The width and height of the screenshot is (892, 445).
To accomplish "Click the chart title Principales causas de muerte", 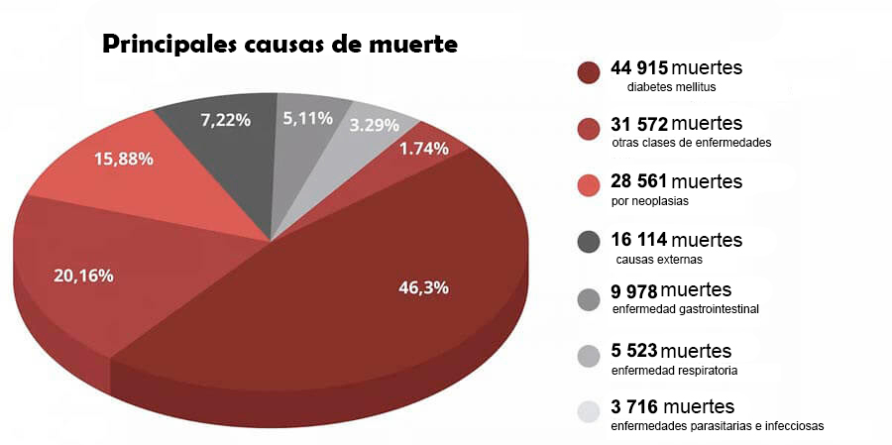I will pyautogui.click(x=279, y=46).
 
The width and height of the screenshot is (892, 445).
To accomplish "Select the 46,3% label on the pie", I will pyautogui.click(x=423, y=287).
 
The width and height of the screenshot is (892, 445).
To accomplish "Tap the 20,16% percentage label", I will pyautogui.click(x=83, y=276).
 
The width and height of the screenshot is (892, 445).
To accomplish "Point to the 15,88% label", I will pyautogui.click(x=124, y=158).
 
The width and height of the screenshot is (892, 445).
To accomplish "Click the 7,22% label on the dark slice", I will pyautogui.click(x=225, y=119).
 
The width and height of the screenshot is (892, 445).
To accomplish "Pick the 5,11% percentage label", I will pyautogui.click(x=307, y=118).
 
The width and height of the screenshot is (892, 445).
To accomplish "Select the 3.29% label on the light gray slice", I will pyautogui.click(x=374, y=125).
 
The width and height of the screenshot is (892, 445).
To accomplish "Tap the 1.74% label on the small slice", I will pyautogui.click(x=423, y=148).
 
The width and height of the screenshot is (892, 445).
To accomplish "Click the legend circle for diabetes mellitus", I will pyautogui.click(x=588, y=73).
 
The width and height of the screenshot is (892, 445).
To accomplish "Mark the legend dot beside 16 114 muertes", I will pyautogui.click(x=588, y=241).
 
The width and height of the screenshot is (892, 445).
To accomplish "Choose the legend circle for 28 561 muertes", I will pyautogui.click(x=588, y=185).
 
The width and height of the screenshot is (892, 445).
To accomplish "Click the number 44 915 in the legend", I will pyautogui.click(x=639, y=68).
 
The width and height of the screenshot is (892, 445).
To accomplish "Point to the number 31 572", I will pyautogui.click(x=639, y=124).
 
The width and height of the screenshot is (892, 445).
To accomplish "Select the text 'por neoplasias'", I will pyautogui.click(x=649, y=200).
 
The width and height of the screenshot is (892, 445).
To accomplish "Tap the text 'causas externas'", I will pyautogui.click(x=659, y=260).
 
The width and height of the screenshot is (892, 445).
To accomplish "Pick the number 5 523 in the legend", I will pyautogui.click(x=633, y=352).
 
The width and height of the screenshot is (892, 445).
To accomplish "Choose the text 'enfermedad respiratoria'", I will pyautogui.click(x=674, y=371).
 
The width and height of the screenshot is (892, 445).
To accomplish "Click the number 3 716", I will pyautogui.click(x=634, y=407).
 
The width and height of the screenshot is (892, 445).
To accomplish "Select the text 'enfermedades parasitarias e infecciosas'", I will pyautogui.click(x=718, y=426).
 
